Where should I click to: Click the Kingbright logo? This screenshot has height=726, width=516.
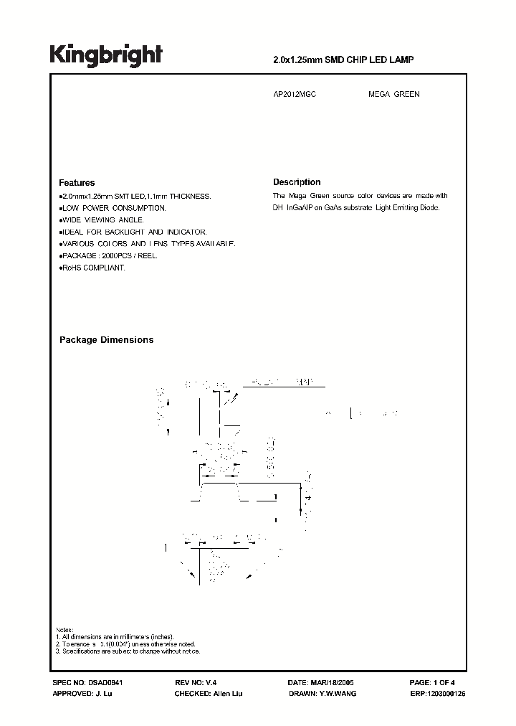106,55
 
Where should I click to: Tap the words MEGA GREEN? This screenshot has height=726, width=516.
393,95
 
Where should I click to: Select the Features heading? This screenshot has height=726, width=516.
77,183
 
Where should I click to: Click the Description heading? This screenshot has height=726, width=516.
297,182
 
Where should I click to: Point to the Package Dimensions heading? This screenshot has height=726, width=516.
106,340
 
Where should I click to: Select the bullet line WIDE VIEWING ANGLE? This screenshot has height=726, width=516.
102,220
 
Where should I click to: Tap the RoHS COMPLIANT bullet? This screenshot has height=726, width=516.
93,268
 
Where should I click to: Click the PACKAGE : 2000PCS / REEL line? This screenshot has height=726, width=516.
109,255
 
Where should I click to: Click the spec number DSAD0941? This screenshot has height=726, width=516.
110,684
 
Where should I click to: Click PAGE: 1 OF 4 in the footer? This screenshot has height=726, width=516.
433,684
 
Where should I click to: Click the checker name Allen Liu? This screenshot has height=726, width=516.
227,694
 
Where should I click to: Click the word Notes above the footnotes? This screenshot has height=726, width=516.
64,628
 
